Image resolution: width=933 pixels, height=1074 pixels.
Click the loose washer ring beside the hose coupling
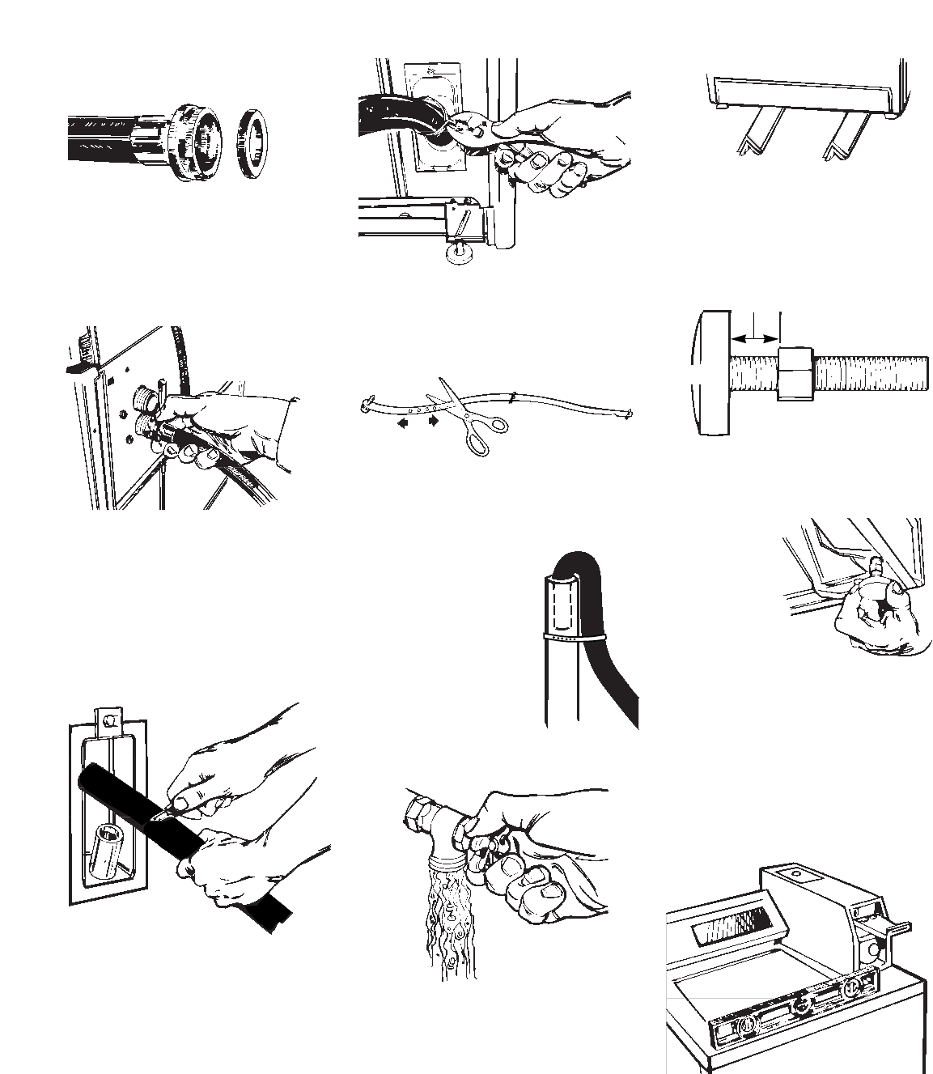coord(253,141)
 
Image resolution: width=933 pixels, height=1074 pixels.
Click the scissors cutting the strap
coord(467,417)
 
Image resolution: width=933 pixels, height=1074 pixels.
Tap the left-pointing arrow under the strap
coord(401,422)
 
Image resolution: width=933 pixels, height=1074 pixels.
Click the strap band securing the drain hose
coord(572,638)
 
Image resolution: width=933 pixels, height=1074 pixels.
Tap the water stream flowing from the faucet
coord(450,923)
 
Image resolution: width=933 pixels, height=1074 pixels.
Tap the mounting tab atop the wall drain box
coord(108,717)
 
